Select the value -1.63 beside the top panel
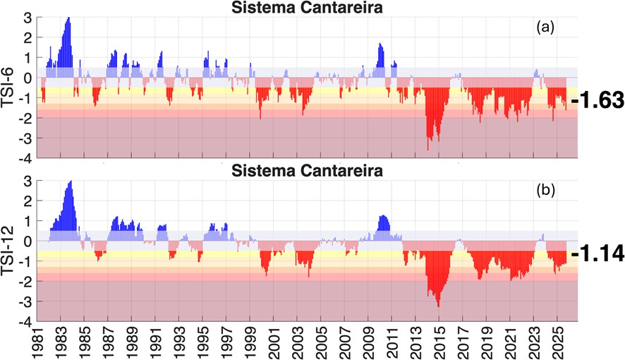[x=597, y=100]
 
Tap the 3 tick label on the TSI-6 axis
[x=26, y=17]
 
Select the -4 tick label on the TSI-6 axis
[x=24, y=159]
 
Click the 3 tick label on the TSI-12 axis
[x=26, y=181]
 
